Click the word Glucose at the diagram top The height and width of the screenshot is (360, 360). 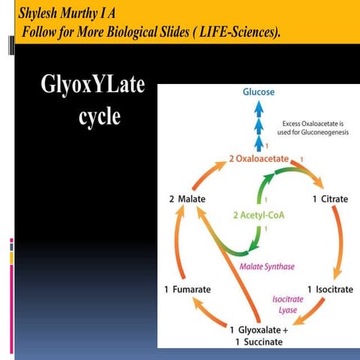(258, 92)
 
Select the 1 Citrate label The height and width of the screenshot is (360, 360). (330, 199)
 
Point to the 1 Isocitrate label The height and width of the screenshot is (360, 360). (330, 289)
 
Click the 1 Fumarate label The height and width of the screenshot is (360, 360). (187, 289)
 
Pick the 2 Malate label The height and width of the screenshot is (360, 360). (187, 199)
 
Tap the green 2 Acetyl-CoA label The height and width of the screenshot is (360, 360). (257, 216)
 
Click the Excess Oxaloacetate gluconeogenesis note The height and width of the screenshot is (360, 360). (313, 128)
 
